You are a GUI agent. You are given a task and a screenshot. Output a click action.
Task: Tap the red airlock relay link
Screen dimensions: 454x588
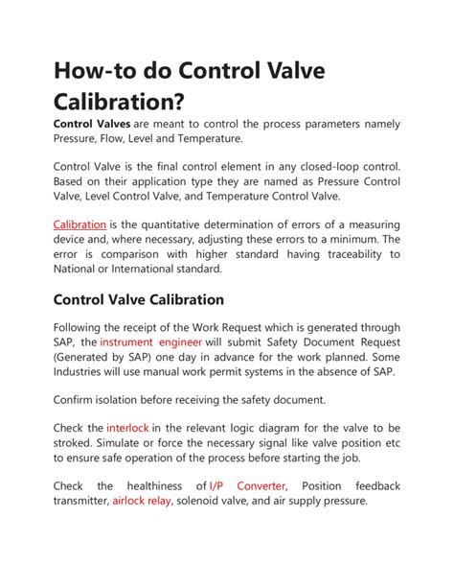(142, 501)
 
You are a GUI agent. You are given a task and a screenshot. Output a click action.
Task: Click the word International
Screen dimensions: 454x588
(161, 270)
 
